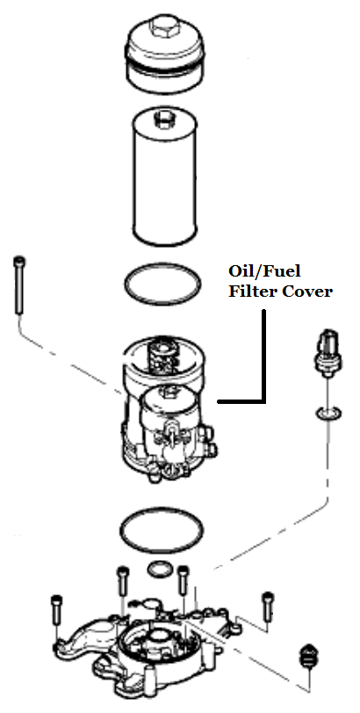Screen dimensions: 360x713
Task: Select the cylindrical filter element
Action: click(164, 177)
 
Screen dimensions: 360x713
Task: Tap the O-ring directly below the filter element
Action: click(162, 284)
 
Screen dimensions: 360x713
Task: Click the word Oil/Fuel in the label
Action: click(264, 272)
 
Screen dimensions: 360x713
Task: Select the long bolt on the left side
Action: click(19, 285)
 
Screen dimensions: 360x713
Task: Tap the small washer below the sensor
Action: click(328, 414)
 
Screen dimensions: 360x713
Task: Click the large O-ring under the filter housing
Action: click(162, 530)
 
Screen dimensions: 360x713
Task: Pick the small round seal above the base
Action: click(161, 569)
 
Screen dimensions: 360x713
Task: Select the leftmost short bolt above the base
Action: click(56, 609)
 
